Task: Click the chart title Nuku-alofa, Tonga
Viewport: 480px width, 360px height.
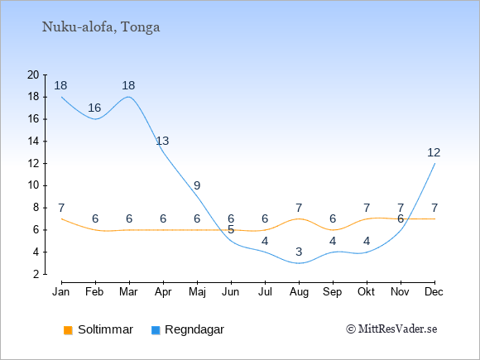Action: click(x=101, y=27)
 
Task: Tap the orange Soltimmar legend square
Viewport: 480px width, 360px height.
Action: click(x=68, y=330)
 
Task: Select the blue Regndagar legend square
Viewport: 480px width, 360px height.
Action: click(x=156, y=330)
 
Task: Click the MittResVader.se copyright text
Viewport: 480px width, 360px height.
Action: click(x=391, y=329)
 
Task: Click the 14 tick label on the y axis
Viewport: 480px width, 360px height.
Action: click(x=33, y=142)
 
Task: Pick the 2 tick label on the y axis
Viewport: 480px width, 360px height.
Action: click(x=36, y=274)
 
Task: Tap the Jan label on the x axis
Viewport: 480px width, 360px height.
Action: click(x=61, y=292)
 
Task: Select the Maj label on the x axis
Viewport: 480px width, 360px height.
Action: click(x=197, y=292)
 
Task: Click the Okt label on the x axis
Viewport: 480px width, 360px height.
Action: click(x=366, y=292)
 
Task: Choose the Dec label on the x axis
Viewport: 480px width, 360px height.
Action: click(x=434, y=292)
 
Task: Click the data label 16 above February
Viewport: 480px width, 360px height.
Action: click(x=94, y=108)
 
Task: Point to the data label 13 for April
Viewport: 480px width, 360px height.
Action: click(x=162, y=141)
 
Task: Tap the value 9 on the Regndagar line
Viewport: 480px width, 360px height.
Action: click(x=197, y=185)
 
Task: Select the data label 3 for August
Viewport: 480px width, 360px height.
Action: click(x=299, y=252)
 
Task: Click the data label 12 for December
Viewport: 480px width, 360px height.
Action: click(x=434, y=152)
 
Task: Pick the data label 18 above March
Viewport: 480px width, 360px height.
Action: click(x=128, y=85)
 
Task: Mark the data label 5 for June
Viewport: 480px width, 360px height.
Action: click(x=231, y=229)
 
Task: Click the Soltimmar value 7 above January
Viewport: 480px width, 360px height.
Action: click(x=61, y=208)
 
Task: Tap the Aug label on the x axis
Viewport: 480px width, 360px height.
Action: click(x=299, y=292)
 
